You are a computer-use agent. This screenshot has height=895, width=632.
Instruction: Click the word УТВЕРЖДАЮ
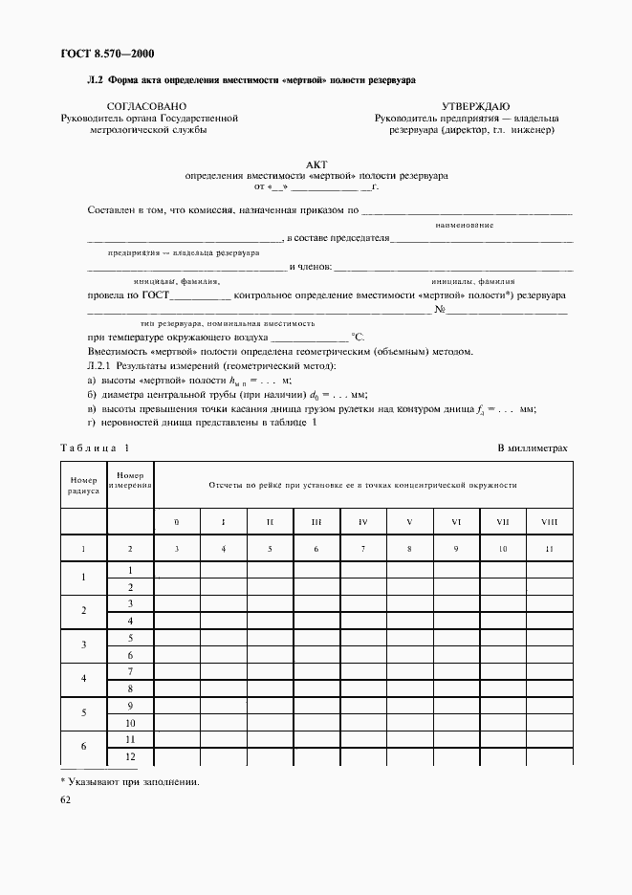[x=475, y=105]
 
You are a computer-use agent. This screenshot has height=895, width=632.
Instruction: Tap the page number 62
[x=66, y=800]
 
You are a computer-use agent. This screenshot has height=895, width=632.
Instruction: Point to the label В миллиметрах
[x=532, y=447]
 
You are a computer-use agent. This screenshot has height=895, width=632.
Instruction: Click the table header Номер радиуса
[x=83, y=484]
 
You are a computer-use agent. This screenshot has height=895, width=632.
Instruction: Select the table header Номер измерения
[x=130, y=479]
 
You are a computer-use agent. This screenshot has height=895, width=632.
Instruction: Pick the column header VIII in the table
[x=549, y=521]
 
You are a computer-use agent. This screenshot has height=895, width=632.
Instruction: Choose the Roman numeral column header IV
[x=363, y=521]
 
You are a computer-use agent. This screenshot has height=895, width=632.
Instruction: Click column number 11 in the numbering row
[x=549, y=548]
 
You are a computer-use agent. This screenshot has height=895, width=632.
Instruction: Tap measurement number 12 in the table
[x=130, y=756]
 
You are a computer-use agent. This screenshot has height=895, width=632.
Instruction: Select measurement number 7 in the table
[x=130, y=672]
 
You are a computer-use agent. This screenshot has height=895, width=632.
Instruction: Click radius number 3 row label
[x=83, y=645]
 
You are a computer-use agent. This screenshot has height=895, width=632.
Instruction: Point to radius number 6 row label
[x=83, y=747]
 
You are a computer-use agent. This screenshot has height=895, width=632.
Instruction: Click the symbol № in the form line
[x=441, y=310]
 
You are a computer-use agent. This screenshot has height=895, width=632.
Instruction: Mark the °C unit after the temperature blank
[x=359, y=337]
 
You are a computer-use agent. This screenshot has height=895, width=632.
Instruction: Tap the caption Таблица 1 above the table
[x=95, y=447]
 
